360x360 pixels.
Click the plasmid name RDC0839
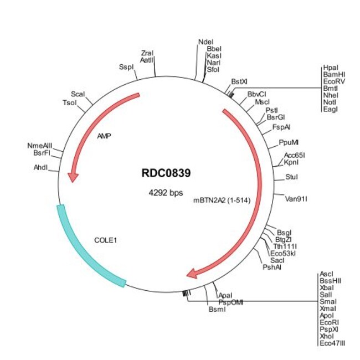coord(166,173)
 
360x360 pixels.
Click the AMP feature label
coord(104,135)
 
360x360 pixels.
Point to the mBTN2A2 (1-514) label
coord(222,200)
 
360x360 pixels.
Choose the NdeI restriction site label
coord(205,42)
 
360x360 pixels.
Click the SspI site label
coord(126,67)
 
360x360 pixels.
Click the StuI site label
coord(291,177)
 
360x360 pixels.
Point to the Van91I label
coord(295,198)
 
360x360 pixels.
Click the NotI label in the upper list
coord(330,102)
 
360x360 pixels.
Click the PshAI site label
coord(272,267)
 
